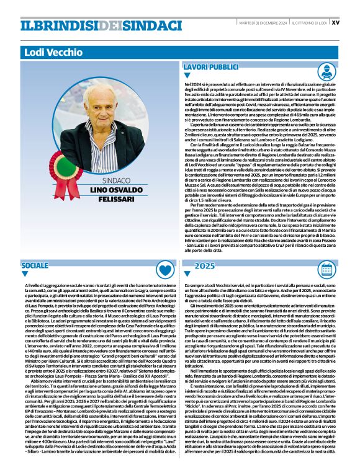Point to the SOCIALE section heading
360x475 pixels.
pos(35,265)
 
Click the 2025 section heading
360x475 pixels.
pos(204,265)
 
